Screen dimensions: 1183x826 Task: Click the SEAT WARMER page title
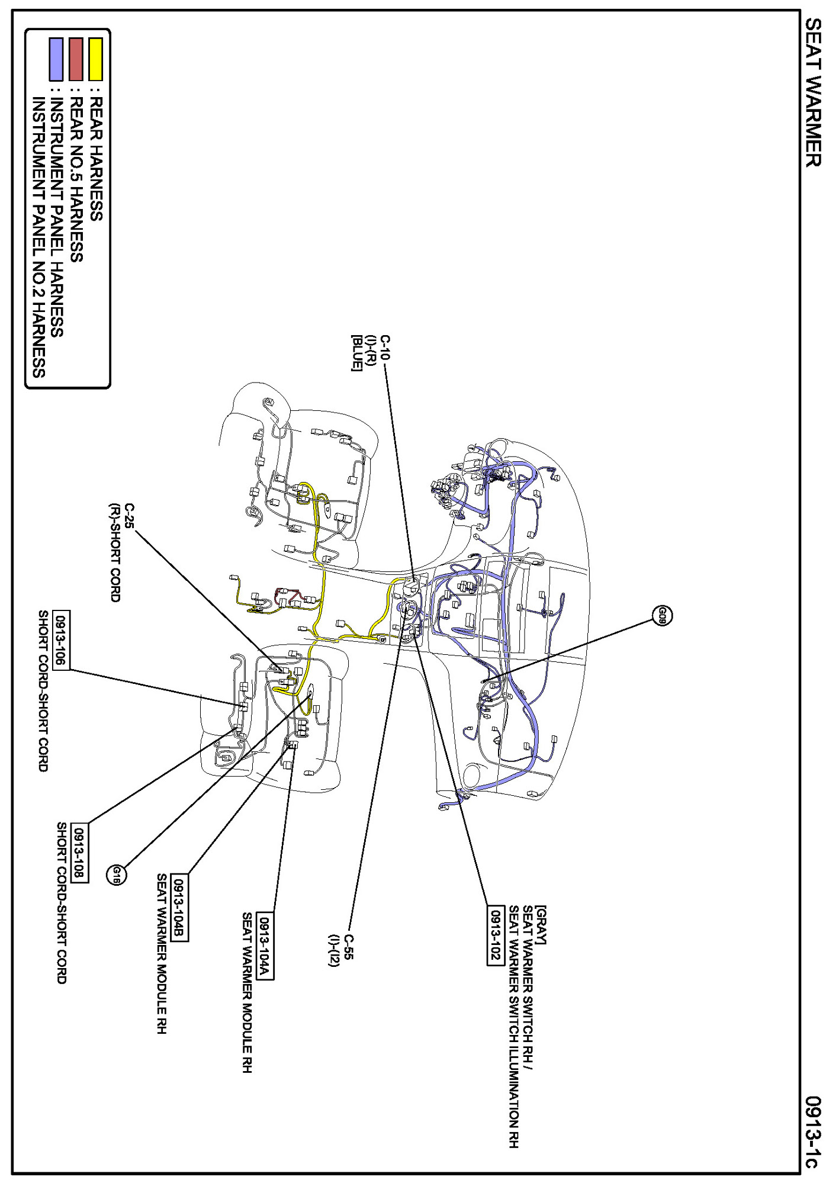coord(814,92)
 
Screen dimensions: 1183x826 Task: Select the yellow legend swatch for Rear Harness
coord(95,59)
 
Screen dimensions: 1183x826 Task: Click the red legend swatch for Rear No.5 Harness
coord(76,59)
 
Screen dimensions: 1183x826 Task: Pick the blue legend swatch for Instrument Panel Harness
coord(56,59)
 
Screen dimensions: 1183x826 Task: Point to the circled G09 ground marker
coord(663,616)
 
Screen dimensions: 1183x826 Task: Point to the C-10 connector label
coord(385,348)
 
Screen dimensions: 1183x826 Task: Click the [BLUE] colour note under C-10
coord(356,353)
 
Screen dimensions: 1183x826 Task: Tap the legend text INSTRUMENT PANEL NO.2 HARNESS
coord(38,237)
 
